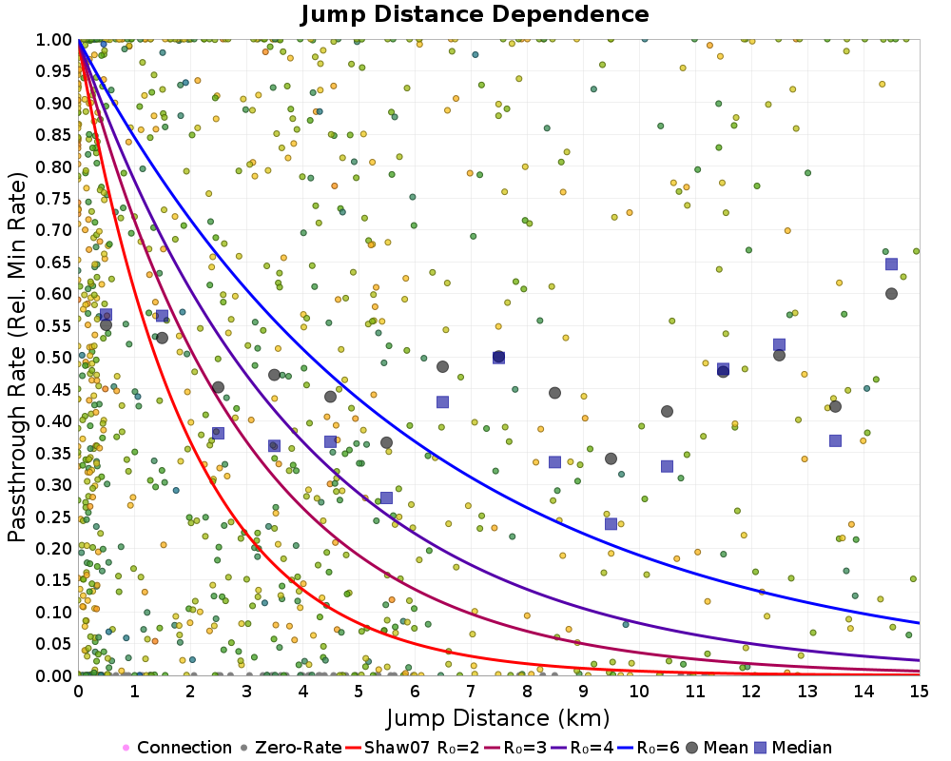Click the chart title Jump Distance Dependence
pos(475,14)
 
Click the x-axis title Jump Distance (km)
pos(498,716)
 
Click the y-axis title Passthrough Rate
pos(19,357)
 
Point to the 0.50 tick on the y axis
pos(55,357)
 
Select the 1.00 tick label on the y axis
pos(55,39)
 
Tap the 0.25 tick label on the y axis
pos(55,516)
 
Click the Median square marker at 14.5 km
pos(891,264)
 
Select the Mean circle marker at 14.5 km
pos(891,294)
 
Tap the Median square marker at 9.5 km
pos(611,523)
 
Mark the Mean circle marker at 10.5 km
pos(667,412)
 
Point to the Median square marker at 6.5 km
pos(442,401)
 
